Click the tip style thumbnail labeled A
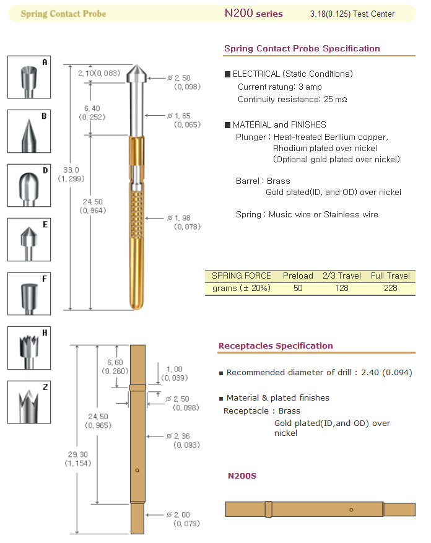(29, 77)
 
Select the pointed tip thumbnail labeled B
(29, 131)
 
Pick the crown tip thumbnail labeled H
(29, 348)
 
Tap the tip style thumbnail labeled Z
(29, 402)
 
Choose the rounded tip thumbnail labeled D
(29, 185)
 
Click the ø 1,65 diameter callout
(184, 120)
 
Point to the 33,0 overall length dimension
(71, 174)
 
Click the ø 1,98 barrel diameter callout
(184, 222)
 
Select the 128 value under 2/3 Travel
(342, 288)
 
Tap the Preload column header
(298, 276)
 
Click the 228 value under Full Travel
(391, 288)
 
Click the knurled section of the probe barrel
(137, 215)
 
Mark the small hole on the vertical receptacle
(137, 471)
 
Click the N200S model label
(242, 476)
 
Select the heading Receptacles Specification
(276, 345)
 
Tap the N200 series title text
(254, 13)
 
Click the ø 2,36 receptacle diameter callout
(183, 440)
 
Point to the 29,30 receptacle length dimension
(78, 459)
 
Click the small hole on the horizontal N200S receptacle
(351, 510)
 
